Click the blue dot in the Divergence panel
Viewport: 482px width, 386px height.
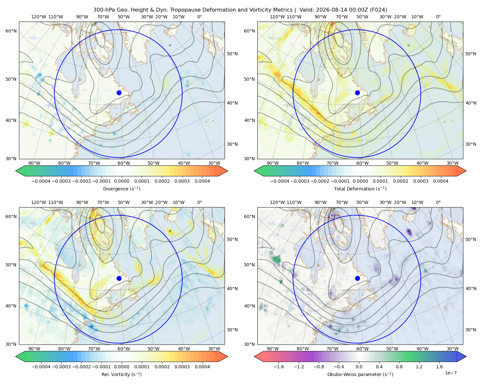[119, 93]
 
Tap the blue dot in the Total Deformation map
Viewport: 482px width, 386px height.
[357, 93]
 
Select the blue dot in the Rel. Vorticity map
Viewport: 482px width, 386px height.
[119, 278]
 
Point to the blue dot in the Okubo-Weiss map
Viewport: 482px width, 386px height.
[357, 278]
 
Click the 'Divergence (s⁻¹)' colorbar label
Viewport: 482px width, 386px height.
[121, 188]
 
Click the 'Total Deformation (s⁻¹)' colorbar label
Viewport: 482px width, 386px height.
[360, 188]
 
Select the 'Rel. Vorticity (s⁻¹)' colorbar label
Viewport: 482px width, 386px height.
[121, 374]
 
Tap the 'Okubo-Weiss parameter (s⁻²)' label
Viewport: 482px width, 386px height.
[360, 374]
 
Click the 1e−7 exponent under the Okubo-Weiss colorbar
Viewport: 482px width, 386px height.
[451, 373]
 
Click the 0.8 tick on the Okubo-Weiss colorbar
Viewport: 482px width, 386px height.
[399, 366]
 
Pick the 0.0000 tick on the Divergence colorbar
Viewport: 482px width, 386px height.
[121, 181]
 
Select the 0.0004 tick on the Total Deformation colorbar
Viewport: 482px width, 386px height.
[441, 181]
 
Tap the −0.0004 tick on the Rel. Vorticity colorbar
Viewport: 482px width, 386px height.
[41, 366]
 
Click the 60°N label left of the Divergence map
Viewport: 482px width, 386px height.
[11, 31]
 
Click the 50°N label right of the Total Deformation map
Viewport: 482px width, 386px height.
[470, 54]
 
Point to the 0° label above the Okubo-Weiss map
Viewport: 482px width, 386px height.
[438, 202]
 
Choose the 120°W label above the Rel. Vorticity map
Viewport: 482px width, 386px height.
[39, 202]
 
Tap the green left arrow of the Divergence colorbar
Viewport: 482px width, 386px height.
[20, 171]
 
